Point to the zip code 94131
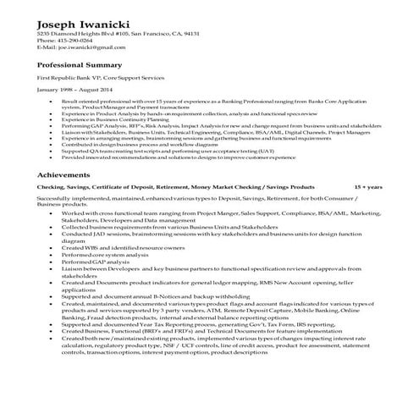[x=190, y=33]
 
